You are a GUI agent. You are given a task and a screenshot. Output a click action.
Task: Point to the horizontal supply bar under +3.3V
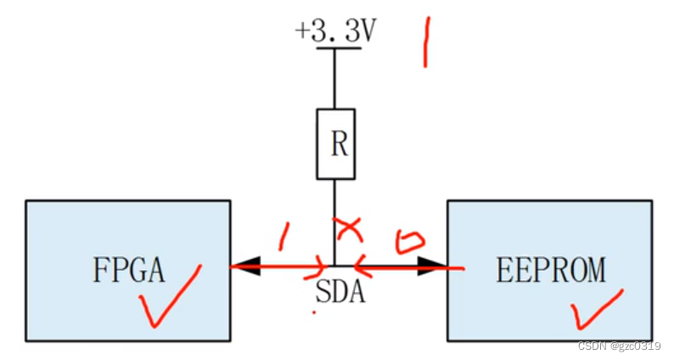[x=339, y=48]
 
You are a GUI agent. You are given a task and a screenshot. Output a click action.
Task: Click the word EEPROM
[x=551, y=270]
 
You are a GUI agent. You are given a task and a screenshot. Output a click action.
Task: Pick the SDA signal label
[x=340, y=292]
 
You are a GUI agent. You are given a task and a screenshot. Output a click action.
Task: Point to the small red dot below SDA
[x=314, y=312]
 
